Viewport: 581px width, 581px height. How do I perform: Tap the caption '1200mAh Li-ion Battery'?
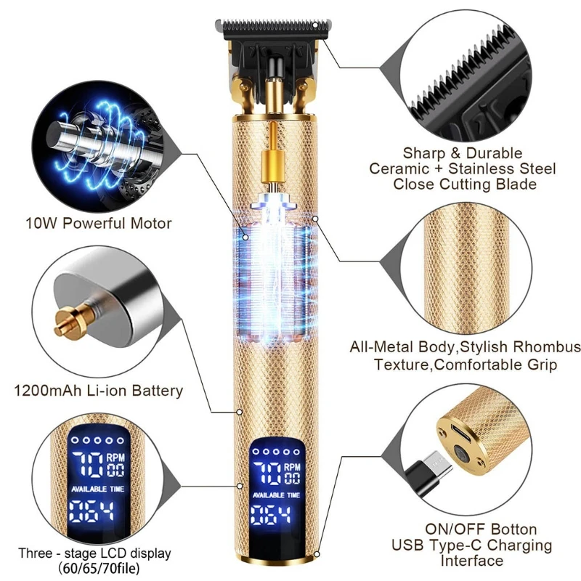[x=99, y=391]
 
